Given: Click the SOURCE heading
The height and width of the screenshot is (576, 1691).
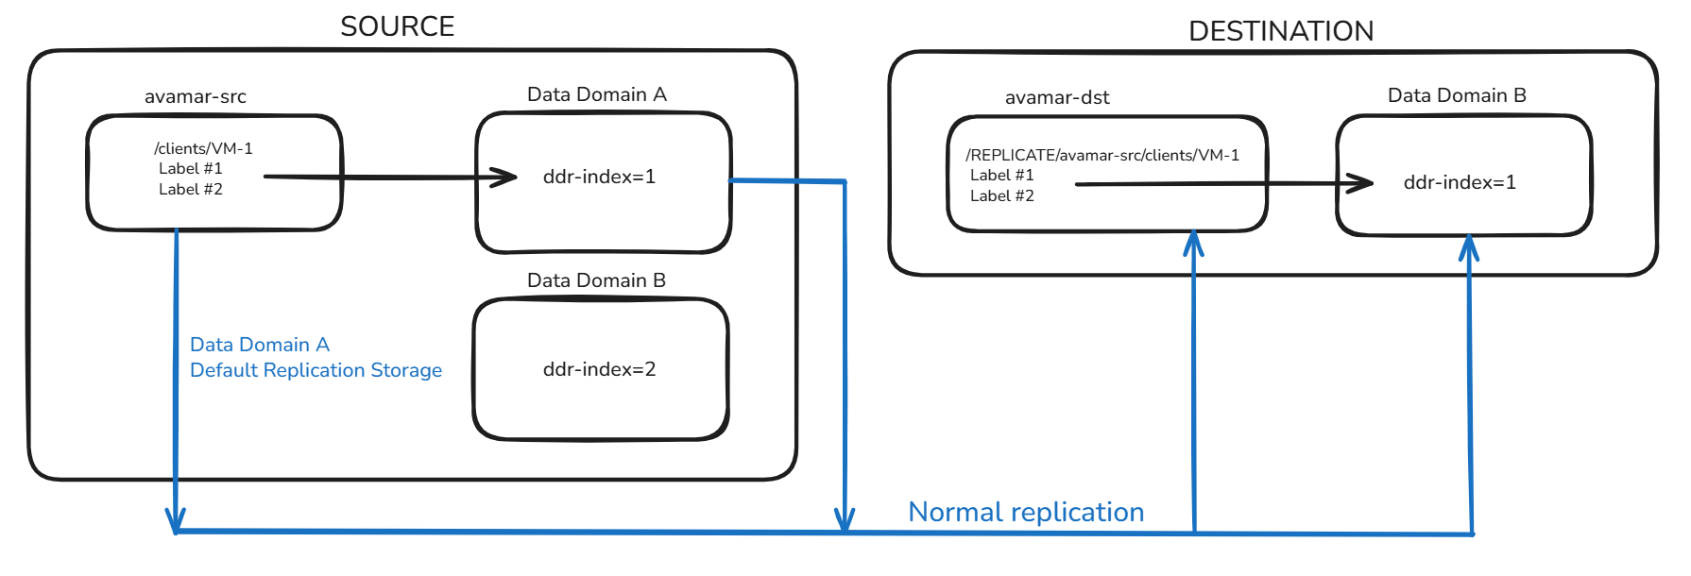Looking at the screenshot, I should click(x=397, y=26).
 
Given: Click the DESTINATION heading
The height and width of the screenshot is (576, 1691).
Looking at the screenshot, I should click(x=1280, y=31).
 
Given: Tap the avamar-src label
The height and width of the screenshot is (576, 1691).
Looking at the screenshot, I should click(x=195, y=96).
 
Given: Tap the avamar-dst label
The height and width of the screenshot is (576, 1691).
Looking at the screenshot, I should click(x=1056, y=97).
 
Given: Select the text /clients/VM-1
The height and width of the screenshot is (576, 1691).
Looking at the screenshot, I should click(x=203, y=148).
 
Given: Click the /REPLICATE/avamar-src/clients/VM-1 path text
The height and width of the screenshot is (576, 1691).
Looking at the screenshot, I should click(x=1102, y=155).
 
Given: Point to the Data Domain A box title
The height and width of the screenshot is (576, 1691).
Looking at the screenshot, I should click(x=596, y=94).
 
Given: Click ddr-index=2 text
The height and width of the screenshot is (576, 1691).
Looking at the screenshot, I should click(x=599, y=369).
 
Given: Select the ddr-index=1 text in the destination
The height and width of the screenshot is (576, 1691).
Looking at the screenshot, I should click(x=1460, y=182).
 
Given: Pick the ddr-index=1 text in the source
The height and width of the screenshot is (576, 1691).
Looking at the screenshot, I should click(x=599, y=177).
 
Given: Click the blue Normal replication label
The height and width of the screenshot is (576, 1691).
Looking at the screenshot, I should click(x=1025, y=512).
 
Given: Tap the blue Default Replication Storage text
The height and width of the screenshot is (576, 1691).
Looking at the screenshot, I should click(x=316, y=370).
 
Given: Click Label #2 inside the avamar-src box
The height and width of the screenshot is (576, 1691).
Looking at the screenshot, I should click(x=190, y=189).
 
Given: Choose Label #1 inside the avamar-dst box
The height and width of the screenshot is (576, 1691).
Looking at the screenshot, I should click(x=1001, y=175).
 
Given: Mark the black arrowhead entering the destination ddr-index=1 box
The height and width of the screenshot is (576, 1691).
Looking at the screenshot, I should click(x=1361, y=183).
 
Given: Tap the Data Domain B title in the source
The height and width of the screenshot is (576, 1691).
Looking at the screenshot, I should click(x=596, y=280).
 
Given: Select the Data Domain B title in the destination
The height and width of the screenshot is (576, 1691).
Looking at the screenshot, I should click(x=1456, y=95).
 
